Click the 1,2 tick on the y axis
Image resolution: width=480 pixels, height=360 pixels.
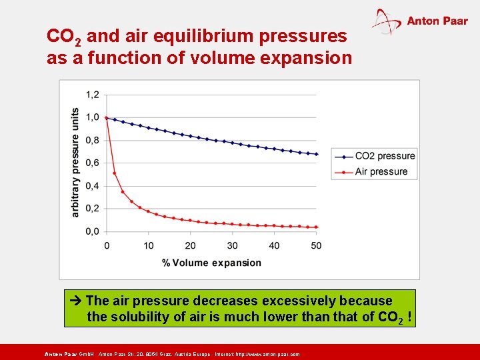pos(92,95)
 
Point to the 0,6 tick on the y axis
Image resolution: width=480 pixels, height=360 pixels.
pos(92,163)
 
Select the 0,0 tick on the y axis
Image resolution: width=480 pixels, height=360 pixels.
pos(92,231)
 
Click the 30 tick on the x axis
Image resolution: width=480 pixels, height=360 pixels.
pos(232,245)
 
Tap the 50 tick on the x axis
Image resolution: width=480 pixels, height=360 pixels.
pos(316,245)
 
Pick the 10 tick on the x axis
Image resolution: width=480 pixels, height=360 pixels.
pos(149,245)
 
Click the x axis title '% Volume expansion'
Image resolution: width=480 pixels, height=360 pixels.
pos(211,263)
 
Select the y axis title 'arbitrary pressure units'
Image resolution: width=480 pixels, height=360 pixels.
pos(75,162)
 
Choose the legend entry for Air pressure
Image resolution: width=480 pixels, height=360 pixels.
pos(381,171)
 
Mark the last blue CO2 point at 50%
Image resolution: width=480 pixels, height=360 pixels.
pos(316,154)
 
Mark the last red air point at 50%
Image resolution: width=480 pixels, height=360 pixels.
pos(316,227)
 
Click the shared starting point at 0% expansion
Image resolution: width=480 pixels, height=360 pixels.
pos(107,118)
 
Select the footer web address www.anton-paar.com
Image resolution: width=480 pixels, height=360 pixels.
pos(267,354)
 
